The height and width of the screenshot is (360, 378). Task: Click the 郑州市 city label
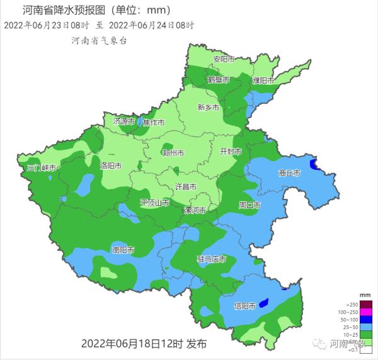pyautogui.click(x=173, y=153)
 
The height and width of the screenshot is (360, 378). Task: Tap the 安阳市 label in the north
pyautogui.click(x=224, y=59)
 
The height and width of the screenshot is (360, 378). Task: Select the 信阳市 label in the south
pyautogui.click(x=244, y=306)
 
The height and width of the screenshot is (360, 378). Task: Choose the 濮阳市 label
pyautogui.click(x=263, y=81)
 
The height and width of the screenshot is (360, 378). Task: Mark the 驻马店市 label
pyautogui.click(x=212, y=259)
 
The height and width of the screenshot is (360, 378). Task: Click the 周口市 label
pyautogui.click(x=249, y=205)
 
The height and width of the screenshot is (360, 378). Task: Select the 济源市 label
pyautogui.click(x=124, y=121)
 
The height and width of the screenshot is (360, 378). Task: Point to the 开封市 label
pyautogui.click(x=230, y=152)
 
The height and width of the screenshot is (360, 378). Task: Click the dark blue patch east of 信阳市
pyautogui.click(x=263, y=302)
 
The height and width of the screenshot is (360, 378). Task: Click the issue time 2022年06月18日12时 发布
pyautogui.click(x=144, y=344)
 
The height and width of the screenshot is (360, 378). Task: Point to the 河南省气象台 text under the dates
pyautogui.click(x=100, y=40)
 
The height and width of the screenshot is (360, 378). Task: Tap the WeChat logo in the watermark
pyautogui.click(x=322, y=344)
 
